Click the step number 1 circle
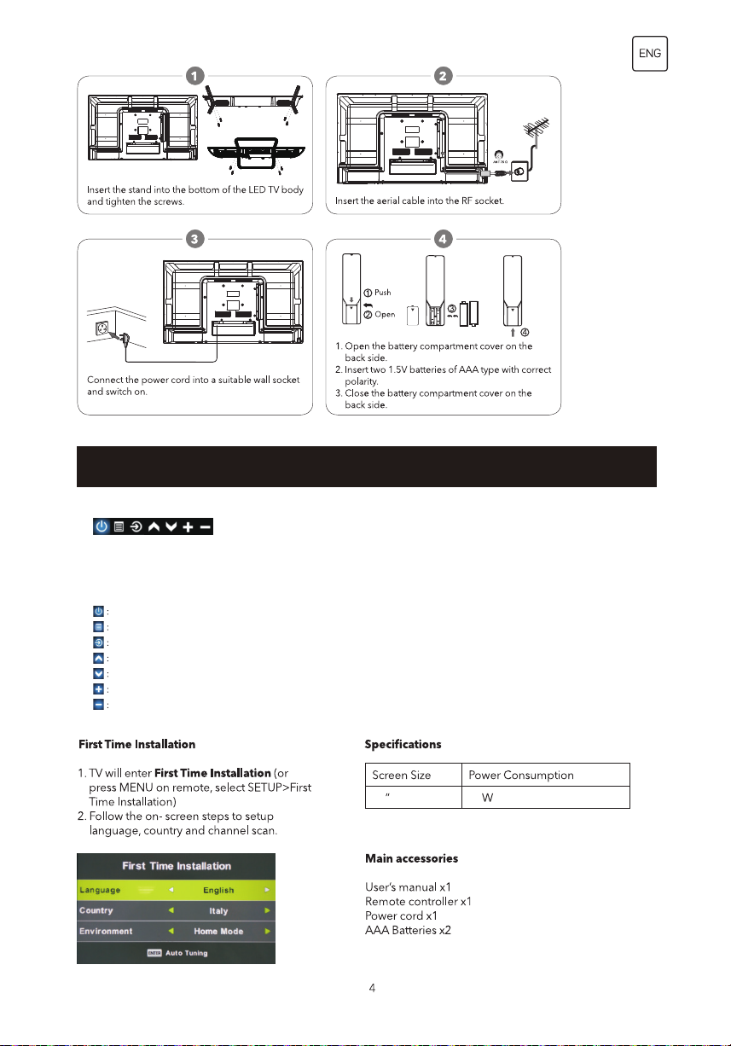(195, 76)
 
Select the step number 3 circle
(195, 239)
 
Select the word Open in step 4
(385, 313)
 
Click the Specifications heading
(403, 744)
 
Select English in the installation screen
(218, 890)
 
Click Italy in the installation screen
(218, 911)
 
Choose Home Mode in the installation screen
(218, 932)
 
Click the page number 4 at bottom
(372, 988)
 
